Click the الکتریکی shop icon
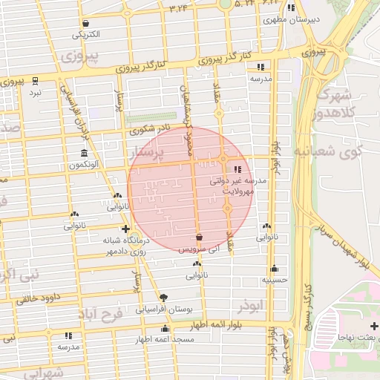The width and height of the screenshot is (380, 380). click(87, 23)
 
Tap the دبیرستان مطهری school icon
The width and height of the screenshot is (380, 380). click(292, 8)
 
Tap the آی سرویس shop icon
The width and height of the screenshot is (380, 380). click(198, 237)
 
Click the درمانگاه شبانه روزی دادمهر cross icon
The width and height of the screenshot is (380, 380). click(125, 229)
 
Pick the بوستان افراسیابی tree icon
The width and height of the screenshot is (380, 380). click(163, 296)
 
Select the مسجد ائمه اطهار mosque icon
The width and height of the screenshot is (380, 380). click(165, 328)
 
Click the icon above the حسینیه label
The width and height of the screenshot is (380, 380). click(274, 269)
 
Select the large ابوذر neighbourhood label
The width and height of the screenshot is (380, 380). click(251, 304)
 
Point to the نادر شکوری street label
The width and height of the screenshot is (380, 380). click(149, 129)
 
